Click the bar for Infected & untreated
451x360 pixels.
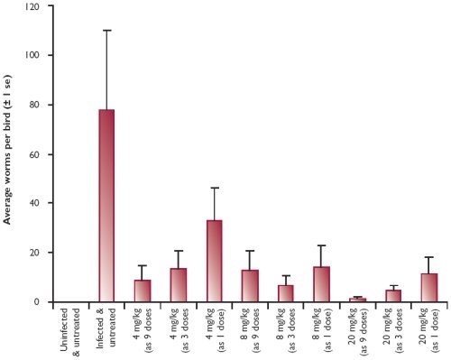(106, 206)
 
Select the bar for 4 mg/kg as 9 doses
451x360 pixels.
(143, 291)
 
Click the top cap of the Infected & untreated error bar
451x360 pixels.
(106, 31)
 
